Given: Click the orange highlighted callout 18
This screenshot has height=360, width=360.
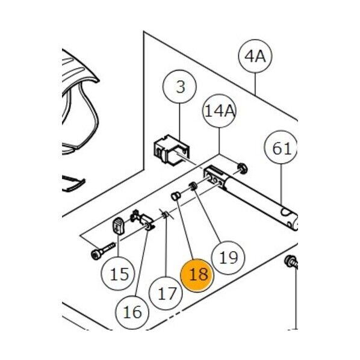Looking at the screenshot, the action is [197, 275].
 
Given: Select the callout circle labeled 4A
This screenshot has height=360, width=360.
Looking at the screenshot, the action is [255, 56].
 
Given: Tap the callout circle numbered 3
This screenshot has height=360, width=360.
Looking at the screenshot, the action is [179, 87].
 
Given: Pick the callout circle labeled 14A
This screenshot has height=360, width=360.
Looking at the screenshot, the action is [219, 111].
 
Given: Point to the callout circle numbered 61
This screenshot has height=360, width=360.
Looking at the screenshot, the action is [282, 147].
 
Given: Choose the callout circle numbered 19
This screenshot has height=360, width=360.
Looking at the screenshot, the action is [228, 258].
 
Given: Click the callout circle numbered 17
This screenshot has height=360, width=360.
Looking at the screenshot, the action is [166, 293].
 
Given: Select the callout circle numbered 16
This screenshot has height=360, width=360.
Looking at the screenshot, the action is [132, 312].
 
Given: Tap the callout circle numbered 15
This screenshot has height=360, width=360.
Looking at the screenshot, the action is [118, 274].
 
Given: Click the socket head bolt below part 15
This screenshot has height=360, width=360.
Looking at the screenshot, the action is [103, 251].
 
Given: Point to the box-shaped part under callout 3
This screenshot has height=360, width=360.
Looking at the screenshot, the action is [172, 150].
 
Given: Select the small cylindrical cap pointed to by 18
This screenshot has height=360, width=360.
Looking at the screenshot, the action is [176, 196].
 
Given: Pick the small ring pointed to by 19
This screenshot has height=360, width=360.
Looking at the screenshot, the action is [193, 186].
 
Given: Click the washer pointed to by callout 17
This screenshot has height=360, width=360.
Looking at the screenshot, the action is [164, 215].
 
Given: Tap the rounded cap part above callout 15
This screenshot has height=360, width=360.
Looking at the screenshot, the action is [118, 226].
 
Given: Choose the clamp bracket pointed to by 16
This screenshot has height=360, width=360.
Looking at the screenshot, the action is [142, 220].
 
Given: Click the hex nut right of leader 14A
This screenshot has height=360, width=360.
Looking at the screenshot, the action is [242, 169].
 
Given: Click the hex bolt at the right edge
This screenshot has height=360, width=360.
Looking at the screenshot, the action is [291, 262].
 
